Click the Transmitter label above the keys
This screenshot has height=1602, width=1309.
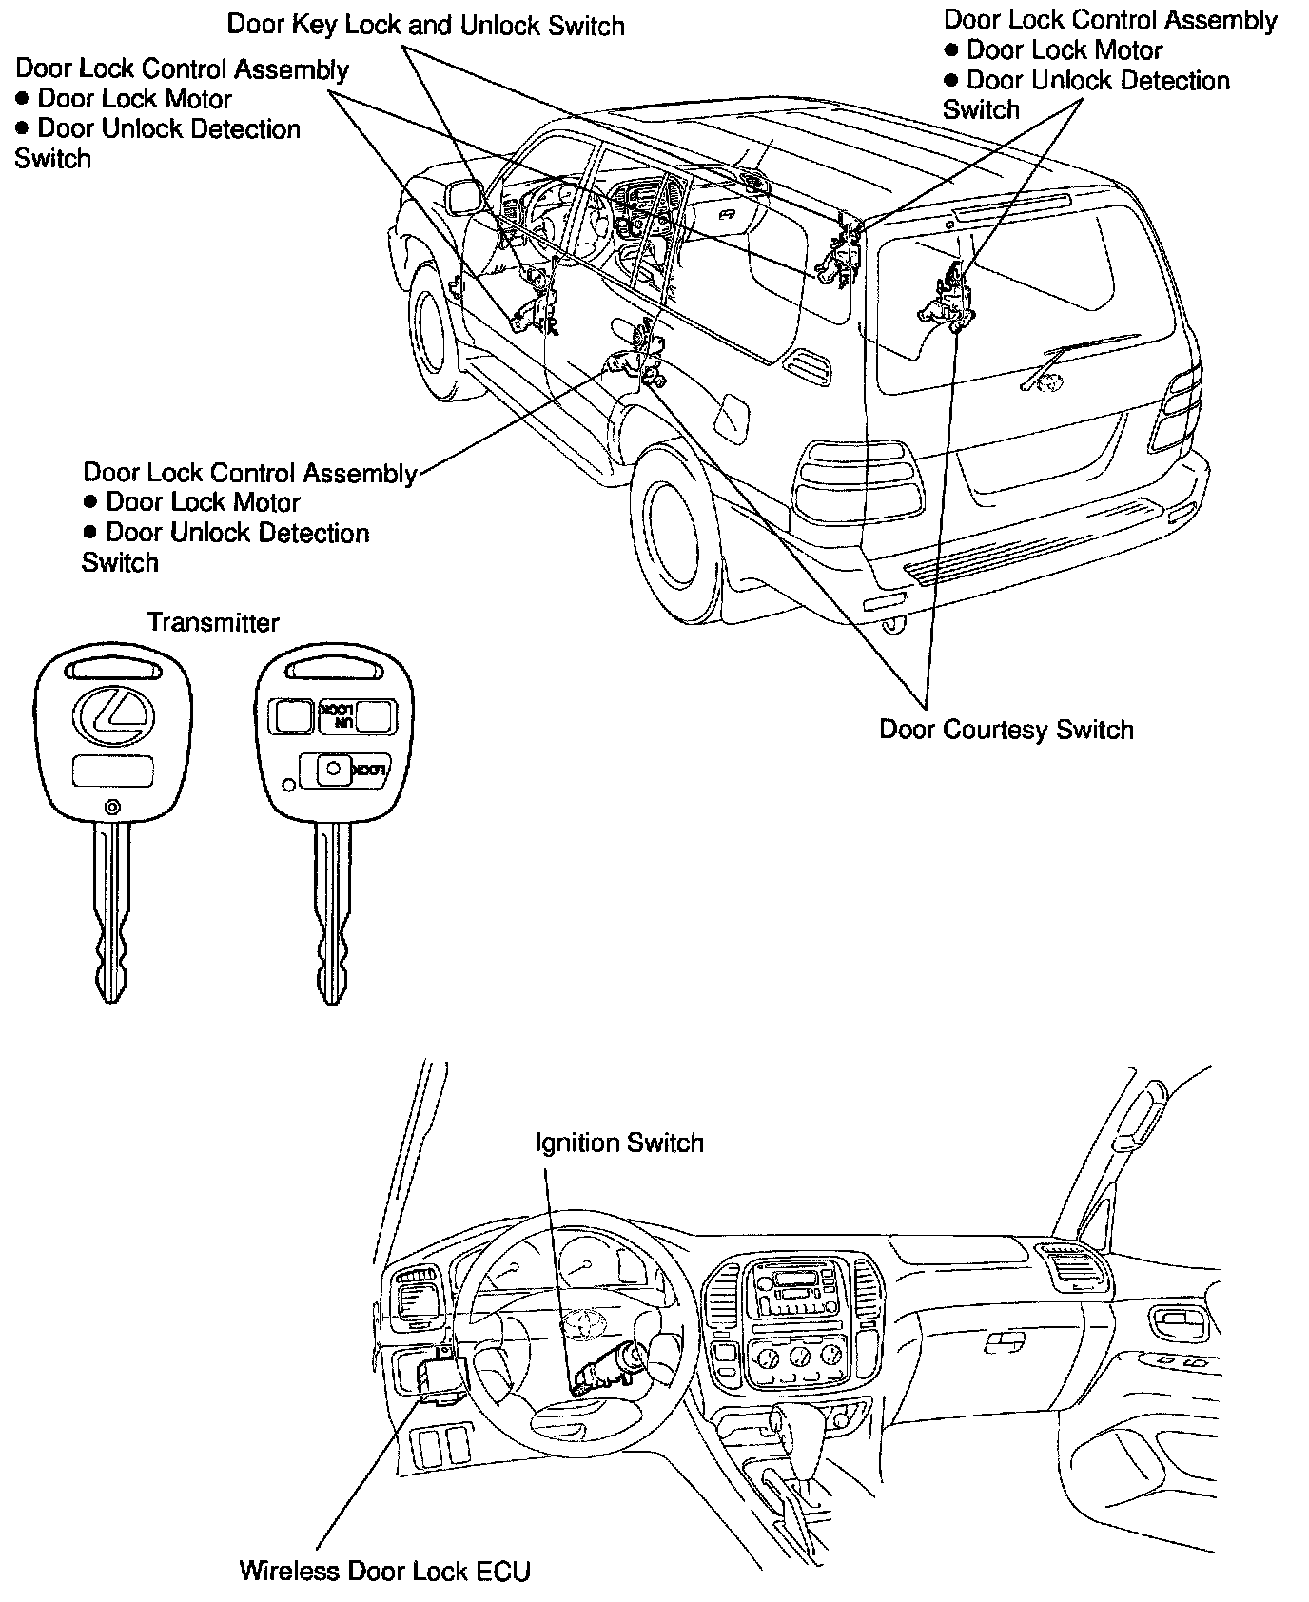(212, 623)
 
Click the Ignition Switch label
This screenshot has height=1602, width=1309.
(619, 1143)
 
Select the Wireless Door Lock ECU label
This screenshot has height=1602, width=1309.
(384, 1570)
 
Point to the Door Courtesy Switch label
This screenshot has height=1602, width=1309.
(1006, 730)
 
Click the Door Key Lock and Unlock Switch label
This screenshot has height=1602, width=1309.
(425, 25)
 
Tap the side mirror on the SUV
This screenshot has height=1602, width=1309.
(465, 196)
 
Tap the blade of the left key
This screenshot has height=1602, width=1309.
(110, 913)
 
